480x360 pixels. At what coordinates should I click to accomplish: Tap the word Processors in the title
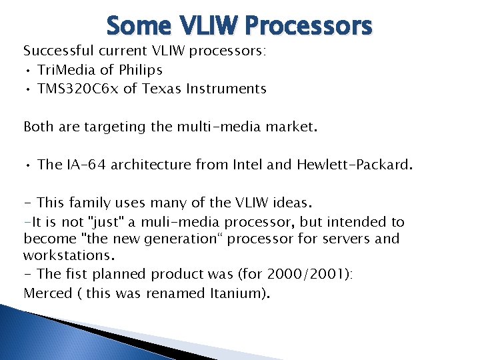click(x=308, y=26)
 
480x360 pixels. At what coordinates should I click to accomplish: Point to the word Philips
click(x=141, y=70)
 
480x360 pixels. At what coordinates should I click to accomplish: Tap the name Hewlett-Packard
click(x=353, y=165)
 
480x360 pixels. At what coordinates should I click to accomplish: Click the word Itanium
click(x=237, y=293)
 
